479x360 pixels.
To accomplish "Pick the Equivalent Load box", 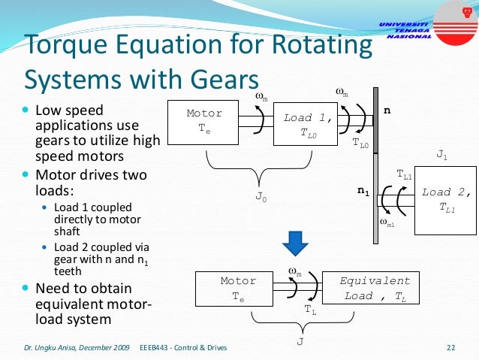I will tap(375, 289).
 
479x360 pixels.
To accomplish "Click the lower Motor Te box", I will tap(238, 289).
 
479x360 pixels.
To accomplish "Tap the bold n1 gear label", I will tap(363, 192).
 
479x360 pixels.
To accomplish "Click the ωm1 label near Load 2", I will tap(387, 222).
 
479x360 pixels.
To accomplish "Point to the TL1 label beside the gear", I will tap(405, 175).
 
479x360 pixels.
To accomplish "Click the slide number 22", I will tap(451, 347).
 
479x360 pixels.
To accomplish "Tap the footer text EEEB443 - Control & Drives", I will tap(183, 347).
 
